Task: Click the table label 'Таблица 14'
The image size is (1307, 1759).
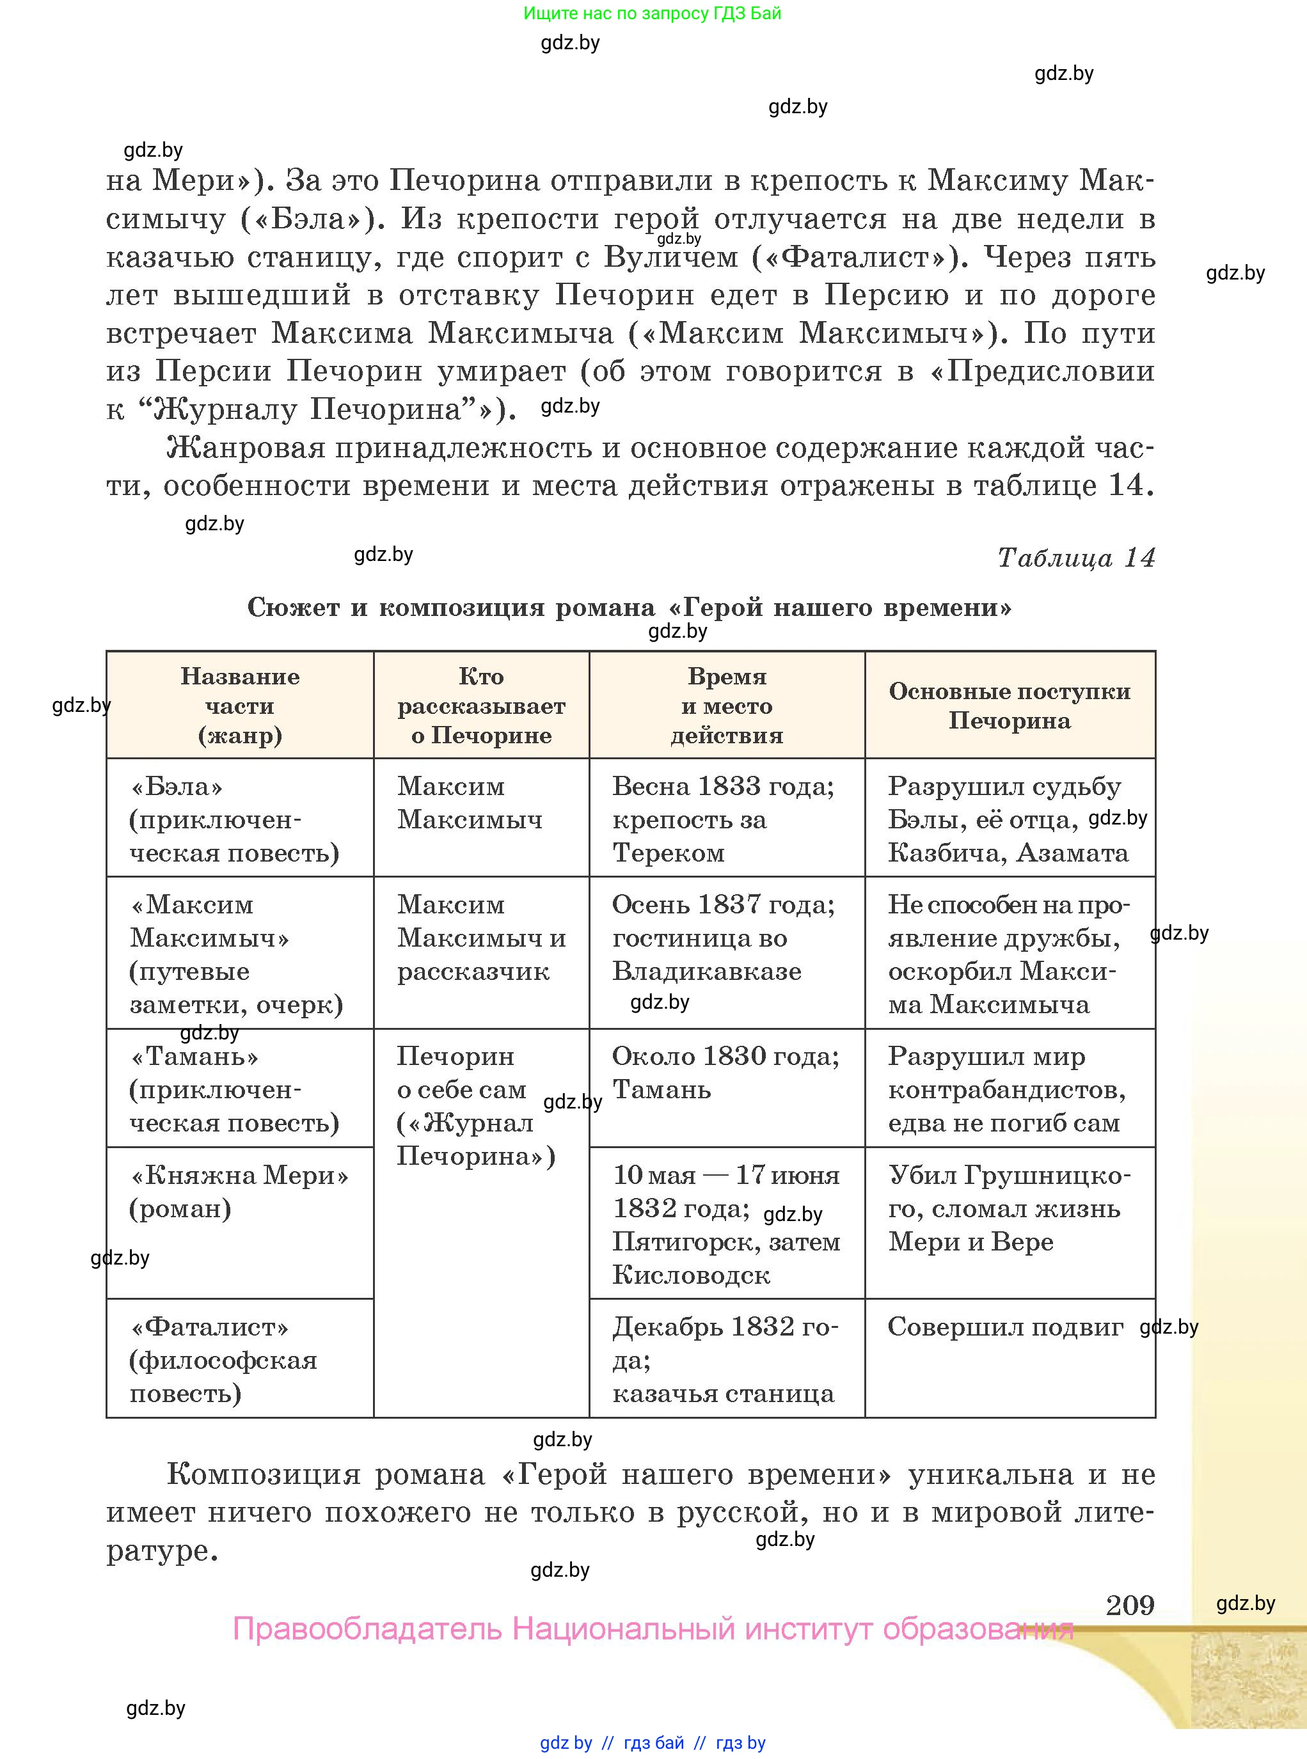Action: tap(1075, 558)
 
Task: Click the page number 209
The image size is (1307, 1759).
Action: tap(1130, 1605)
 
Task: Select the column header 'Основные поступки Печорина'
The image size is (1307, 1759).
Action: tap(1010, 706)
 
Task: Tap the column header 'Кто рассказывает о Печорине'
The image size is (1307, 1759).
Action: tap(481, 706)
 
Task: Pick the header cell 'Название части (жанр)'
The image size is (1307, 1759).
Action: tap(240, 706)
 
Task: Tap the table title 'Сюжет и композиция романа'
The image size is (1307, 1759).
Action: tap(629, 608)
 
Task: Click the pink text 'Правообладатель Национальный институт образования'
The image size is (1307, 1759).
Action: tap(653, 1629)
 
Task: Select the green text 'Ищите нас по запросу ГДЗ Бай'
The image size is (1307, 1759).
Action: tap(652, 13)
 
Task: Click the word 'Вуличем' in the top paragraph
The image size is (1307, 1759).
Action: tap(671, 257)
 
